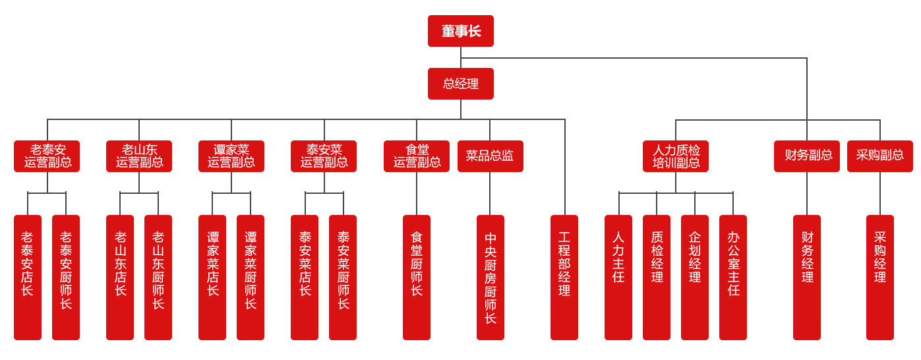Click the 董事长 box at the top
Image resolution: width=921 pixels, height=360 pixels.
tap(460, 31)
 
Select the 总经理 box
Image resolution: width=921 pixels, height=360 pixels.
tap(460, 84)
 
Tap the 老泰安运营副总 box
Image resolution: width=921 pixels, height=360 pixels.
tap(47, 156)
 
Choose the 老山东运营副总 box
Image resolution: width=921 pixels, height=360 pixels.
tap(139, 156)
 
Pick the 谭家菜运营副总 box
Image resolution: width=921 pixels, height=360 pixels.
tap(231, 156)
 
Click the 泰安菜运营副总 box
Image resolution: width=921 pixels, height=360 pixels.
tap(324, 156)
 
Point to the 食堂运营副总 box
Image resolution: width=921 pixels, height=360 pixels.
tap(417, 156)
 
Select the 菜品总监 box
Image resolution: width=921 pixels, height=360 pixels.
tap(490, 156)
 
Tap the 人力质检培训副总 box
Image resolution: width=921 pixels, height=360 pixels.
tap(676, 156)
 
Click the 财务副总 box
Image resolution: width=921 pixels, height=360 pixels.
tap(807, 156)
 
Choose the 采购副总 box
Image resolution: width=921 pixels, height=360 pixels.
tap(880, 156)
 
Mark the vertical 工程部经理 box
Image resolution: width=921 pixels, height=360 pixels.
tap(564, 277)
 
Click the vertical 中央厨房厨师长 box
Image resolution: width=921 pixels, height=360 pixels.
tap(490, 277)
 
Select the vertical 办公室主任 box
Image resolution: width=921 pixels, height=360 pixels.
tap(733, 277)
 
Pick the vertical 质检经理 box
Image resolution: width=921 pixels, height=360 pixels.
tap(657, 277)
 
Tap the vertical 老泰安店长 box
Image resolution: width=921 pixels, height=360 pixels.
tap(28, 277)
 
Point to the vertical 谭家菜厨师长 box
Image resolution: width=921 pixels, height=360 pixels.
tap(251, 277)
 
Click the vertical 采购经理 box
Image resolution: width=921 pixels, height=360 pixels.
tap(880, 277)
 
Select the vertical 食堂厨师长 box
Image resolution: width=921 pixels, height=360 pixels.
tap(417, 277)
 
